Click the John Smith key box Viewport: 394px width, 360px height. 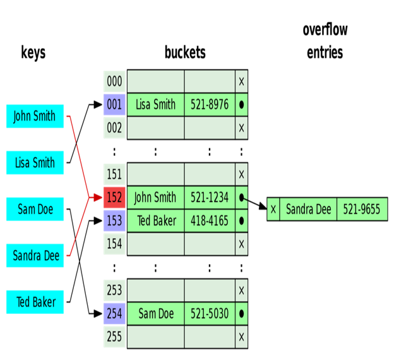click(x=35, y=116)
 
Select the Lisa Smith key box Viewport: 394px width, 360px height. click(x=35, y=163)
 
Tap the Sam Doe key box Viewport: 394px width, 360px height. click(x=35, y=209)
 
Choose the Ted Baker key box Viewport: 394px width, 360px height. click(x=35, y=302)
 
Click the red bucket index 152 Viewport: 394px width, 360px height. click(x=114, y=198)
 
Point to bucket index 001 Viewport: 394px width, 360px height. click(x=114, y=104)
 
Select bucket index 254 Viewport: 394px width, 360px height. click(x=114, y=313)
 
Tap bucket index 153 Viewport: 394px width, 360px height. click(x=114, y=221)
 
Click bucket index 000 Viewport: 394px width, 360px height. click(x=114, y=81)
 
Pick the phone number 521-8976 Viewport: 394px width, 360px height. click(x=209, y=104)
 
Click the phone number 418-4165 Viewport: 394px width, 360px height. click(x=209, y=221)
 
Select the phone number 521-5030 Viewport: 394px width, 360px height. click(x=209, y=313)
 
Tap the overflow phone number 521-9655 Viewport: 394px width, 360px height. click(x=361, y=210)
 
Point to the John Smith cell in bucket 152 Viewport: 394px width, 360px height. click(x=155, y=198)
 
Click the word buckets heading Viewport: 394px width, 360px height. click(x=185, y=52)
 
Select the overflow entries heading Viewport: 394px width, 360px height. click(x=325, y=41)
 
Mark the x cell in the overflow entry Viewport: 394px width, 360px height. click(x=273, y=210)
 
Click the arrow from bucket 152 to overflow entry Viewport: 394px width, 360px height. click(x=254, y=203)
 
